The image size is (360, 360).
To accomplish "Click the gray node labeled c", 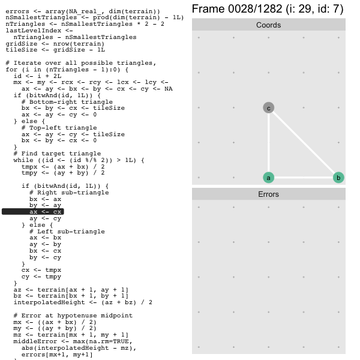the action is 268,107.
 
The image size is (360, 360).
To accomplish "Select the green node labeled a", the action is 268,178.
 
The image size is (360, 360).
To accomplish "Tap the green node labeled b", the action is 338,178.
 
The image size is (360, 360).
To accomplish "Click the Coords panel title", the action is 268,25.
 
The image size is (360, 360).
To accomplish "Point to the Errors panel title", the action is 268,194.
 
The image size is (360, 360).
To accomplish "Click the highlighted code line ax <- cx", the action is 46,212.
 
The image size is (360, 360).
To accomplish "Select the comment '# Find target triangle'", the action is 57,154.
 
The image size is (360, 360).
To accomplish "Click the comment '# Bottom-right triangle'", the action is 67,102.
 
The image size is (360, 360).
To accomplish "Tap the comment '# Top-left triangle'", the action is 59,128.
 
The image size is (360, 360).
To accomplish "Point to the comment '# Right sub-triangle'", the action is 69,193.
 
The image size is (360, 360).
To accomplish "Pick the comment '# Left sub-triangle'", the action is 67,231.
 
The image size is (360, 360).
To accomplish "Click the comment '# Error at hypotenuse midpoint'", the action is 73,316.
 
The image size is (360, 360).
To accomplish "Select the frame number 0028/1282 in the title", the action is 255,9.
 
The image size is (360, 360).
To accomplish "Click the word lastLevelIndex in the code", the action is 34,31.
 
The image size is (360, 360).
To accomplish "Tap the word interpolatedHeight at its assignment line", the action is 49,302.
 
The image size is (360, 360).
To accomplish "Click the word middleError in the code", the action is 35,341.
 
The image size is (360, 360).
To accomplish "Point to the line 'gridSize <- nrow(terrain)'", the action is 55,44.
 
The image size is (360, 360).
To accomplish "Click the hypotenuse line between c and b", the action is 303,143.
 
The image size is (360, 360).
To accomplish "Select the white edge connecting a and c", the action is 268,143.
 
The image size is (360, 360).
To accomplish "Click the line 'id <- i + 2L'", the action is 37,76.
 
